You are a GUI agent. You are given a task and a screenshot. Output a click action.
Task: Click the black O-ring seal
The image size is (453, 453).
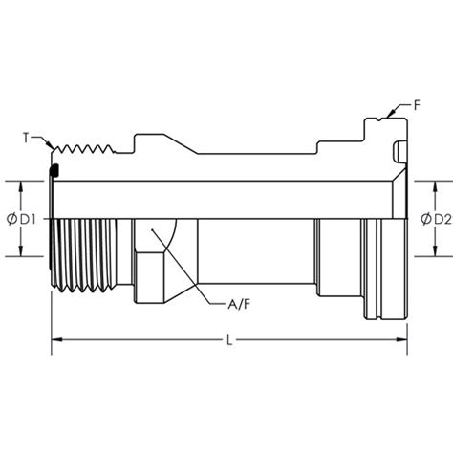[55, 171]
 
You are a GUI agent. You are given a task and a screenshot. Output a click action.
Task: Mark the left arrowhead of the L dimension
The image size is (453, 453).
[54, 340]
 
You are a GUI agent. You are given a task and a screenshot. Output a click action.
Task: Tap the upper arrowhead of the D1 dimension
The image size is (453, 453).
[21, 183]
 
